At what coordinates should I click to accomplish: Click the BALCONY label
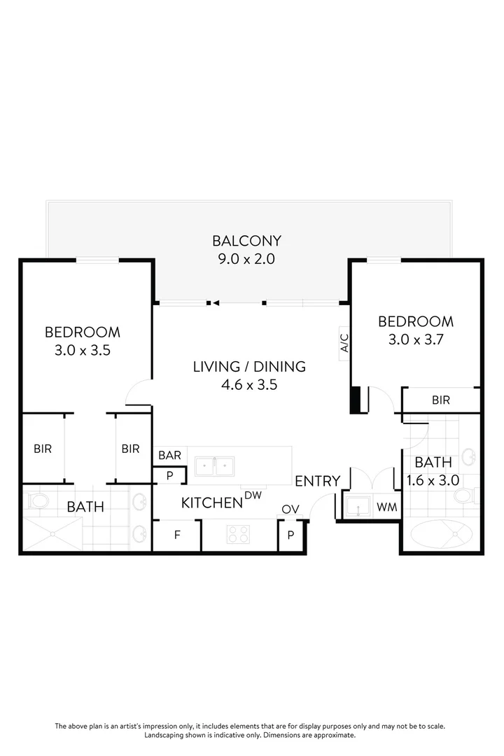point(246,241)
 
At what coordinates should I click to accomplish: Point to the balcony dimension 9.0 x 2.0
point(246,259)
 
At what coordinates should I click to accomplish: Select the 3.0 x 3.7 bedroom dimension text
point(416,339)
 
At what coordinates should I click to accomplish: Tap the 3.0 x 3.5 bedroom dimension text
point(83,350)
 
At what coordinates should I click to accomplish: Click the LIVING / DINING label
point(249,366)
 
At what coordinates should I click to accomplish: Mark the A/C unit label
point(344,343)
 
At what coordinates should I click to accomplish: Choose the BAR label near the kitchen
point(169,455)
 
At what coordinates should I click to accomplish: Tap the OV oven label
point(290,509)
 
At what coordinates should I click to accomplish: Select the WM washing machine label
point(386,506)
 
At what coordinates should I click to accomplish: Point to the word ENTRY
point(317,482)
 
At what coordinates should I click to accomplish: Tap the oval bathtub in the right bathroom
point(441,538)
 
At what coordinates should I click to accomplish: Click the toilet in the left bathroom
point(36,500)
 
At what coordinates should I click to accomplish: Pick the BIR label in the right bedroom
point(441,400)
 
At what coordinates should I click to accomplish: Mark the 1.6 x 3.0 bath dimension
point(433,481)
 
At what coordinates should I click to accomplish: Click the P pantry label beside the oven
point(290,536)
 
